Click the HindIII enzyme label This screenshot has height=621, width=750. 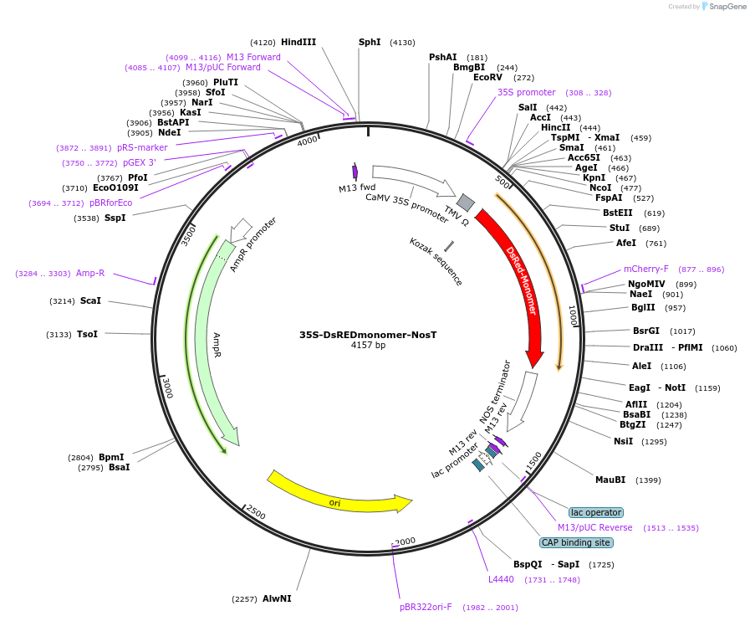click(298, 42)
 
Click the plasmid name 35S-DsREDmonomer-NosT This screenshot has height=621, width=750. click(368, 335)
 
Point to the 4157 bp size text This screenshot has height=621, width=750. click(368, 346)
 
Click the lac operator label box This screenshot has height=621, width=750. click(595, 512)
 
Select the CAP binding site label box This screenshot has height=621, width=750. click(576, 542)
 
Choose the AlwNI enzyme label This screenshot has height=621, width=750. click(277, 598)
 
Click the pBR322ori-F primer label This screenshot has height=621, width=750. click(426, 607)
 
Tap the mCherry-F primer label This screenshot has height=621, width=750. click(646, 269)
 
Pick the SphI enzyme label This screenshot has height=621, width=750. click(370, 42)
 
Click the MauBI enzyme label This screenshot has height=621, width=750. click(610, 480)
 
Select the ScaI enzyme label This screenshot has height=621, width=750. click(90, 300)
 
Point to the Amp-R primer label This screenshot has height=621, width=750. click(90, 273)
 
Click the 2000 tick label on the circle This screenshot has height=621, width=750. click(406, 542)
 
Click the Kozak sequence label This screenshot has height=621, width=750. click(436, 261)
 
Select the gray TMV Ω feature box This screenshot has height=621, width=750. click(466, 202)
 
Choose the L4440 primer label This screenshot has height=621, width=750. click(502, 579)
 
